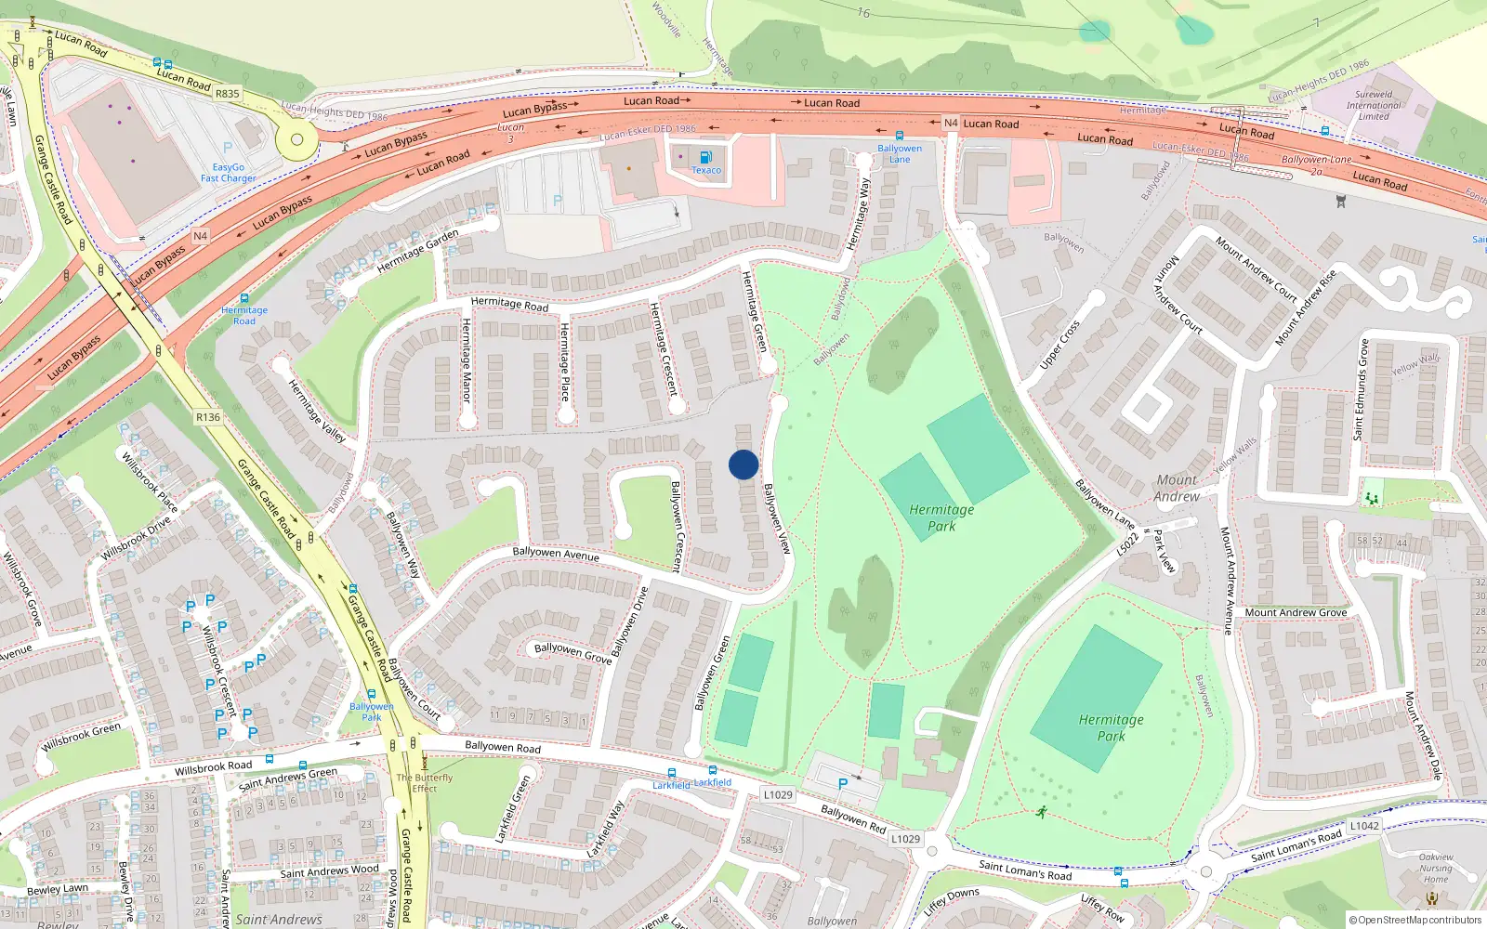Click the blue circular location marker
click(743, 464)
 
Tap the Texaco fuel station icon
click(705, 157)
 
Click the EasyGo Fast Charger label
click(228, 173)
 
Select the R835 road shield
click(228, 94)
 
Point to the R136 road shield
click(208, 417)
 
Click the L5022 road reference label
click(1127, 543)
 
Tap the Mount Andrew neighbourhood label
click(1177, 488)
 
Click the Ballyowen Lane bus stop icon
click(899, 136)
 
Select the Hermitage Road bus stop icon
click(244, 298)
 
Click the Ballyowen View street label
click(777, 518)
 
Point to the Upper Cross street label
click(1060, 345)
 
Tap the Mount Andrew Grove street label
click(1296, 612)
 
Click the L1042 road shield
click(1364, 826)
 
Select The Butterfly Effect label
click(425, 783)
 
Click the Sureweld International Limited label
click(1374, 105)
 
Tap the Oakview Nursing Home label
click(1436, 869)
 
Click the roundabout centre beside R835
click(297, 140)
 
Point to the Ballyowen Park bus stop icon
click(372, 693)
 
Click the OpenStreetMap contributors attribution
click(1415, 921)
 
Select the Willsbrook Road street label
click(213, 767)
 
